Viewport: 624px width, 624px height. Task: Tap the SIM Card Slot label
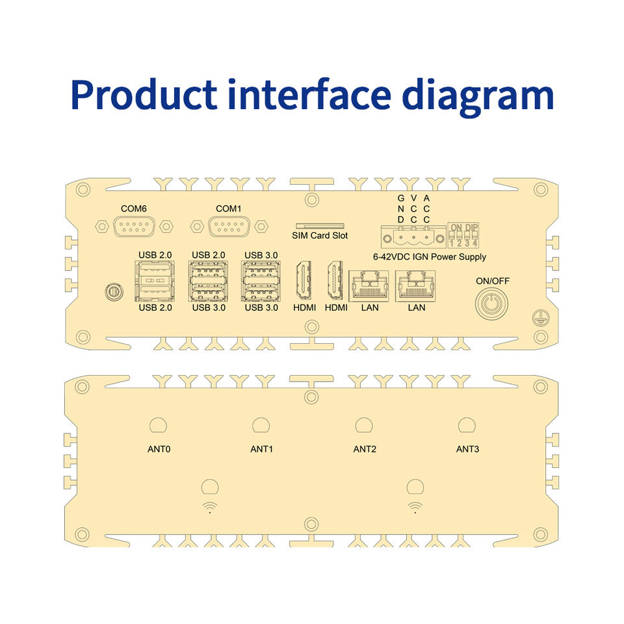click(x=319, y=235)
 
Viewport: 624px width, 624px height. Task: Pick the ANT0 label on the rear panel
click(x=159, y=449)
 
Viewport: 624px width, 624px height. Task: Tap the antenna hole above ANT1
click(x=261, y=425)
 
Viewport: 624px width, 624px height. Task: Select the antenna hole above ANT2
click(x=364, y=425)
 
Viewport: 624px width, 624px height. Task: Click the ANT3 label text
click(x=467, y=449)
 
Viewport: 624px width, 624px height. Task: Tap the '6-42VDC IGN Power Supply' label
click(x=430, y=257)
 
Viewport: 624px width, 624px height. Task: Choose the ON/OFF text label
click(x=493, y=281)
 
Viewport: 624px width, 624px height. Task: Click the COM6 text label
click(x=133, y=209)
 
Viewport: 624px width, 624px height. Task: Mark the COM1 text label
click(x=227, y=209)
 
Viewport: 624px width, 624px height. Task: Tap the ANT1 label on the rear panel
click(x=261, y=449)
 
